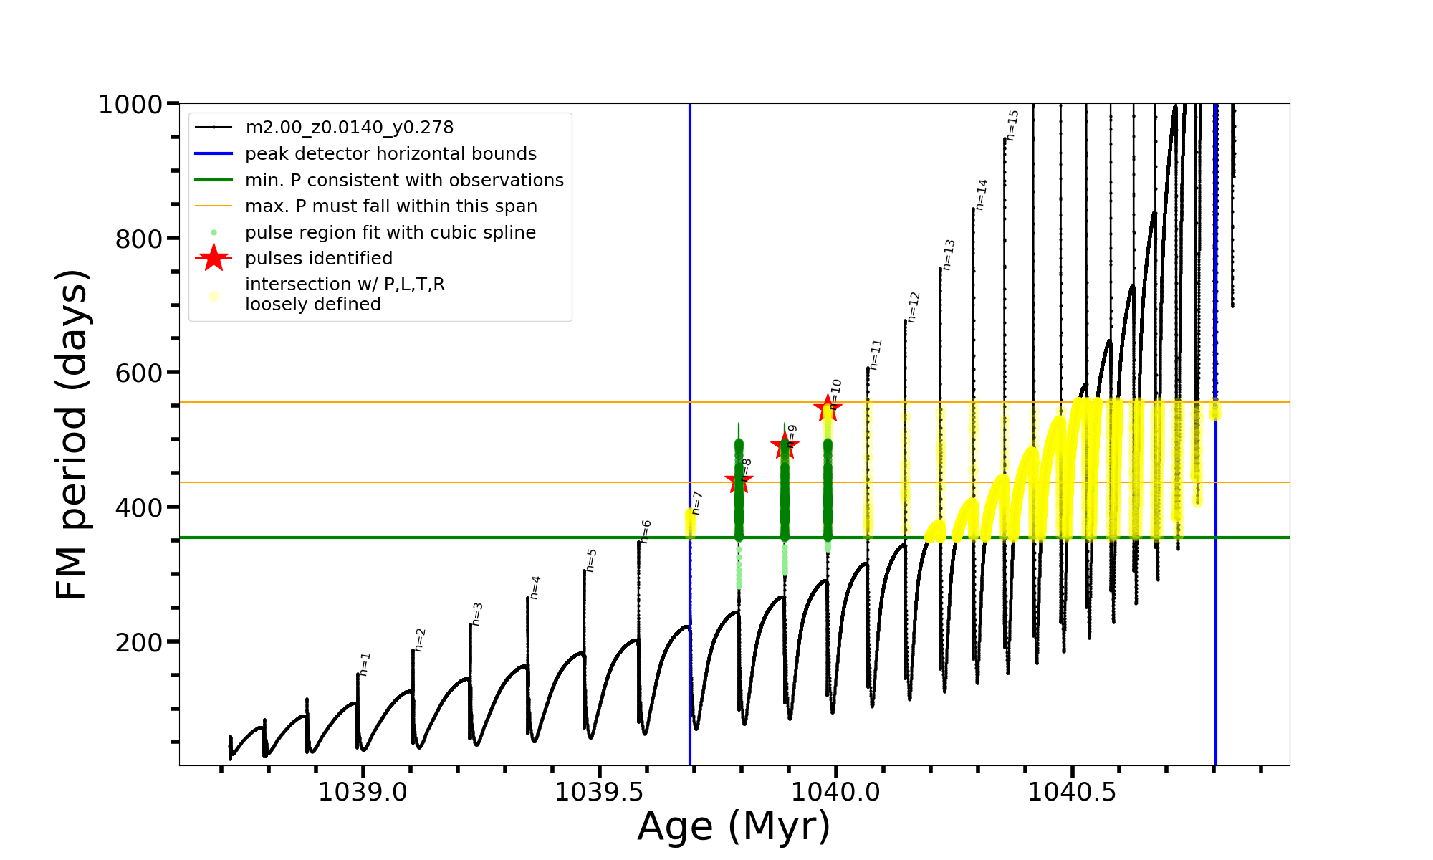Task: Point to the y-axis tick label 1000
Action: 130,105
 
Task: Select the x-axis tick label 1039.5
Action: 599,792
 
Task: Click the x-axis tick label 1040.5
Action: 1072,792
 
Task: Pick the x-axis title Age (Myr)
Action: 734,826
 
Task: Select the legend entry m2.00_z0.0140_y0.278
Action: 349,128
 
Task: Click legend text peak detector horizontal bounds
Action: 390,154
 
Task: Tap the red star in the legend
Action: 214,258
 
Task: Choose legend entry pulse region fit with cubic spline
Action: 390,233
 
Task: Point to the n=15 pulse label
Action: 1012,125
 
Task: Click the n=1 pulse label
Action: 365,664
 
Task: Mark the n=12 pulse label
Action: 913,307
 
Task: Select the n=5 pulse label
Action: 591,560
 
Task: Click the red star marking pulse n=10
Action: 828,408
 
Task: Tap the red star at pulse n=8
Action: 739,482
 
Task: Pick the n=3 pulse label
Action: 477,614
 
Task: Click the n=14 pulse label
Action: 981,194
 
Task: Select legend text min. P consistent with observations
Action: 404,181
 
